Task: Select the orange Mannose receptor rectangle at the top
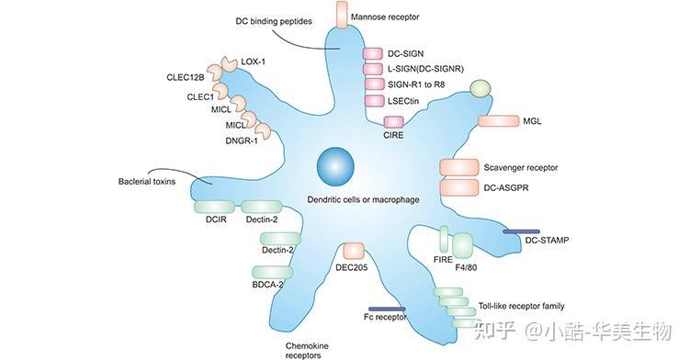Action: [343, 15]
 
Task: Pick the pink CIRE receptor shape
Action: [394, 122]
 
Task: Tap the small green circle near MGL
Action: [480, 88]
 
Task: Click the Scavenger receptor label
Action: [520, 167]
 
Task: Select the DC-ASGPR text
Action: [506, 187]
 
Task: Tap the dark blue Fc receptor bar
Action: [387, 309]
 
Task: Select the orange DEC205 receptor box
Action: [352, 251]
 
